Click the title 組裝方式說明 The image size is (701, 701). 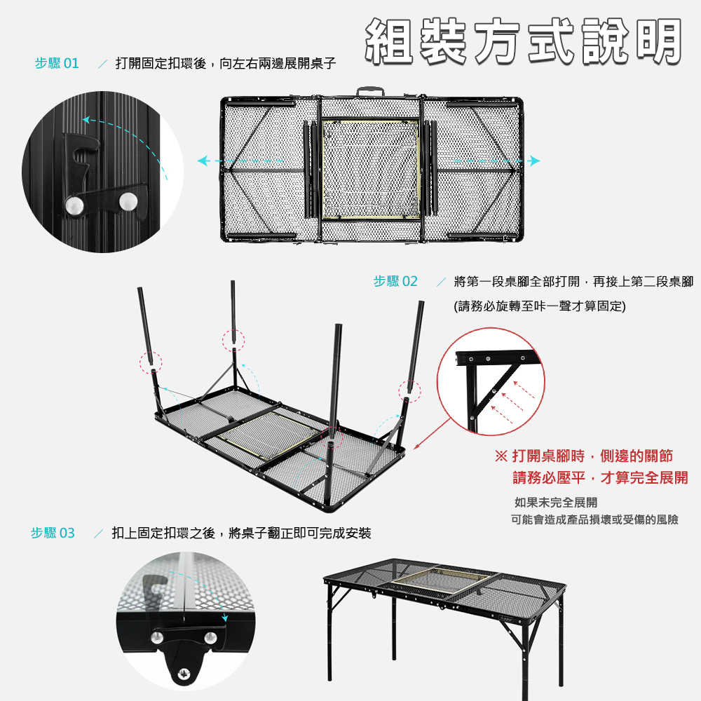click(x=523, y=41)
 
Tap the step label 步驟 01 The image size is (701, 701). click(x=57, y=64)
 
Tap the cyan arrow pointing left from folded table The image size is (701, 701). click(x=203, y=161)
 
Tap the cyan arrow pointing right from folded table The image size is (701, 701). click(x=535, y=161)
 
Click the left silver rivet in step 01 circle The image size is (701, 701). click(x=72, y=205)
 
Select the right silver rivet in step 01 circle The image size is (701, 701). click(x=128, y=202)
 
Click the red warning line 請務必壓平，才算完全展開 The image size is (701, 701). click(x=600, y=478)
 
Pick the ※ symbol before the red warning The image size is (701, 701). click(x=501, y=456)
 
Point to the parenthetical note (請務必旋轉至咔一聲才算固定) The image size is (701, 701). click(x=540, y=306)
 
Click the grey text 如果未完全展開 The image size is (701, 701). click(x=556, y=502)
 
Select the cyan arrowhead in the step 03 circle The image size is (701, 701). click(x=224, y=618)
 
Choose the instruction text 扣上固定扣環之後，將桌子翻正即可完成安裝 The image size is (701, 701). click(x=241, y=533)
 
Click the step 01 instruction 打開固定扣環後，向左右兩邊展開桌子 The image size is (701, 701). click(x=226, y=64)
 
